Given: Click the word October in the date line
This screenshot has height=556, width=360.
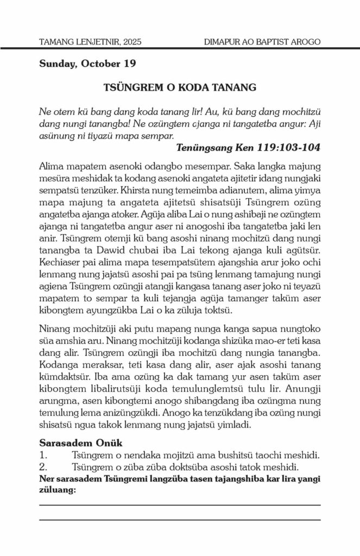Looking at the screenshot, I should tap(99, 64).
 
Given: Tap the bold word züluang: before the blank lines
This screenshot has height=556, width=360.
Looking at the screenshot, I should tap(57, 488).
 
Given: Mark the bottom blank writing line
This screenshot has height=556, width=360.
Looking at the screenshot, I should tap(180, 520).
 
